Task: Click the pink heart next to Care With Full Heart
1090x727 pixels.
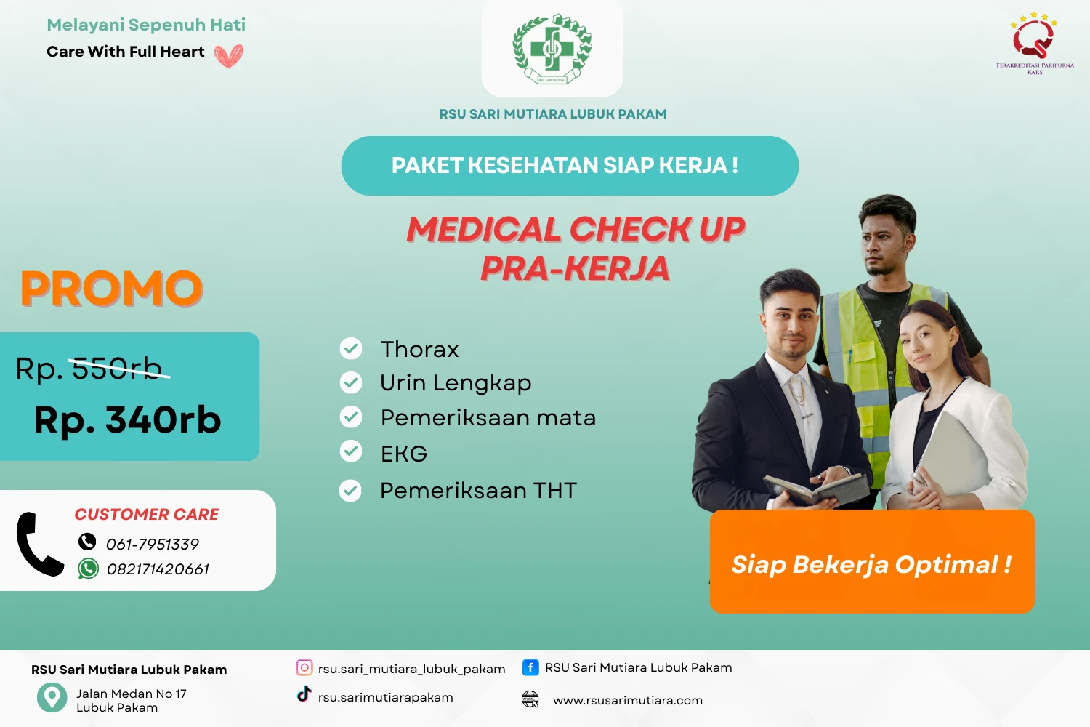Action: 229,56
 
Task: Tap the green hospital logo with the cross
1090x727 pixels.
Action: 552,49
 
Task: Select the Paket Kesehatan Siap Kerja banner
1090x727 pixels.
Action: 570,166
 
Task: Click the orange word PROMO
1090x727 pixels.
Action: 112,289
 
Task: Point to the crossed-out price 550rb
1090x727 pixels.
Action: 118,369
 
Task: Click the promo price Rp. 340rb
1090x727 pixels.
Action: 128,420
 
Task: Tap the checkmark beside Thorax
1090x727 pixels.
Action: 351,349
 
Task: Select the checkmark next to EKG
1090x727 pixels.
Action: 351,452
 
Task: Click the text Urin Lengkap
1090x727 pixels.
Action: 456,383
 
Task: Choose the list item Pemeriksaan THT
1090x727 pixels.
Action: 478,491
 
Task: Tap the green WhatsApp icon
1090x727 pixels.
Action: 89,569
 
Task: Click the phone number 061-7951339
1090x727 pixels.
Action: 153,545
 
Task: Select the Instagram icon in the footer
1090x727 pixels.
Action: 304,667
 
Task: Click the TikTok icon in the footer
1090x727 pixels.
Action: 304,694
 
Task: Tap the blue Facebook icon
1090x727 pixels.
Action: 530,667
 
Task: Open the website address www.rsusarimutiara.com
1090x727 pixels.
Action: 628,701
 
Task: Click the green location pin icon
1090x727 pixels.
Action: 52,697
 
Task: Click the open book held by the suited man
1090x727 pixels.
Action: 817,489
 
